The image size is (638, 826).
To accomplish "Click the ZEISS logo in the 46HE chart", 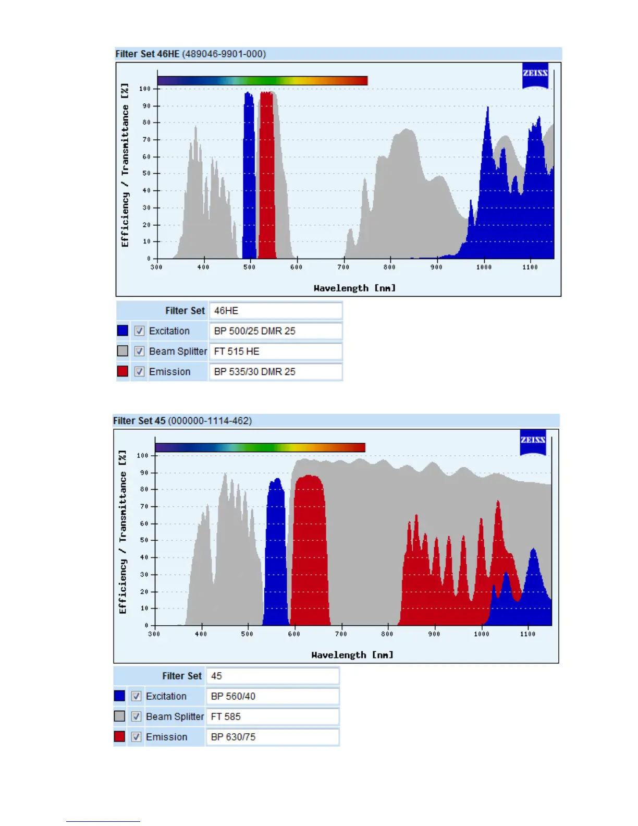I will pos(535,75).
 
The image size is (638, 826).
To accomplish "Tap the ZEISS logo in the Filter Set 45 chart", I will pos(533,441).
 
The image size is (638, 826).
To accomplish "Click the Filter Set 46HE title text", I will pos(190,54).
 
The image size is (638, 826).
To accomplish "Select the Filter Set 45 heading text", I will pos(182,420).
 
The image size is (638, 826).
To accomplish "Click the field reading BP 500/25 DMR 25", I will pos(275,331).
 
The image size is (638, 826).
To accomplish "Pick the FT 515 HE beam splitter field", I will pos(275,351).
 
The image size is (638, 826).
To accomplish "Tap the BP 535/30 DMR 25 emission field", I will pos(275,371).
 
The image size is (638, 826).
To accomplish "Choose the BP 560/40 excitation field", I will pos(273,696).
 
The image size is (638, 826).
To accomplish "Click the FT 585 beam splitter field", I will pos(273,716).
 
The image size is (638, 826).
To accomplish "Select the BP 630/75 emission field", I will pos(273,737).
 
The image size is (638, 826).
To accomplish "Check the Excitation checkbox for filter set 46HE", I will pos(139,331).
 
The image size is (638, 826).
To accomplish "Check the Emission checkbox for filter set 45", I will pos(136,737).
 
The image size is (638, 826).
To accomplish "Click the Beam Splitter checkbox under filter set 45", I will pos(136,716).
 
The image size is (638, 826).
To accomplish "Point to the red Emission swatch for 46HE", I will pos(122,371).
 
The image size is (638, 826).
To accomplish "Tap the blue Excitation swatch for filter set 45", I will pos(119,696).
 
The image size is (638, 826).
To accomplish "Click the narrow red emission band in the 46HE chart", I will pos(267,177).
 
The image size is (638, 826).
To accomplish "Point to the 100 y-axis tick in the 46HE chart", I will pos(144,89).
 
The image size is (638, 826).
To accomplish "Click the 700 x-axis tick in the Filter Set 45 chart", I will pos(340,634).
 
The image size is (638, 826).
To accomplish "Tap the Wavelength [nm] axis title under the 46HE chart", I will pos(354,288).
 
